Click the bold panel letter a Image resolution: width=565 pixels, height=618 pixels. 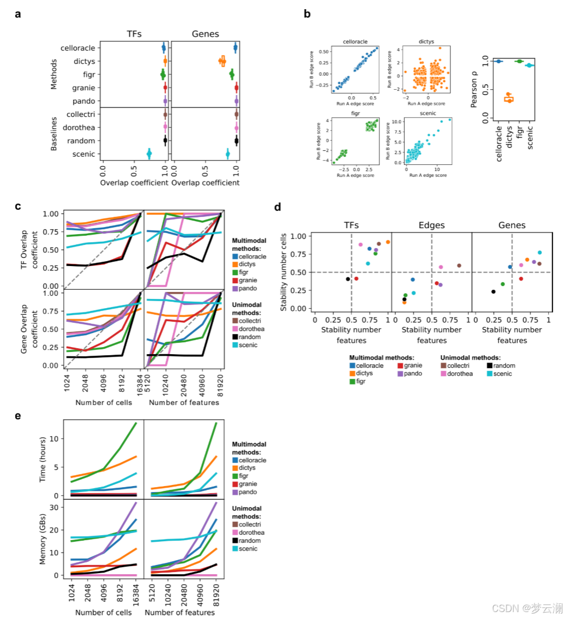pyautogui.click(x=18, y=15)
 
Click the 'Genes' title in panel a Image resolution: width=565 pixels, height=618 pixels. pyautogui.click(x=205, y=34)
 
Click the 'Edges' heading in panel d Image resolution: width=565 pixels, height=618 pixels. pyautogui.click(x=431, y=224)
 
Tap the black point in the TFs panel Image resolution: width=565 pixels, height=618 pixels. pyautogui.click(x=348, y=279)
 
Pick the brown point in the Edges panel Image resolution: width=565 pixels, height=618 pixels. pyautogui.click(x=459, y=265)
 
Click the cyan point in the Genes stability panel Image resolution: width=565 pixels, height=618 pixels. pyautogui.click(x=540, y=252)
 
